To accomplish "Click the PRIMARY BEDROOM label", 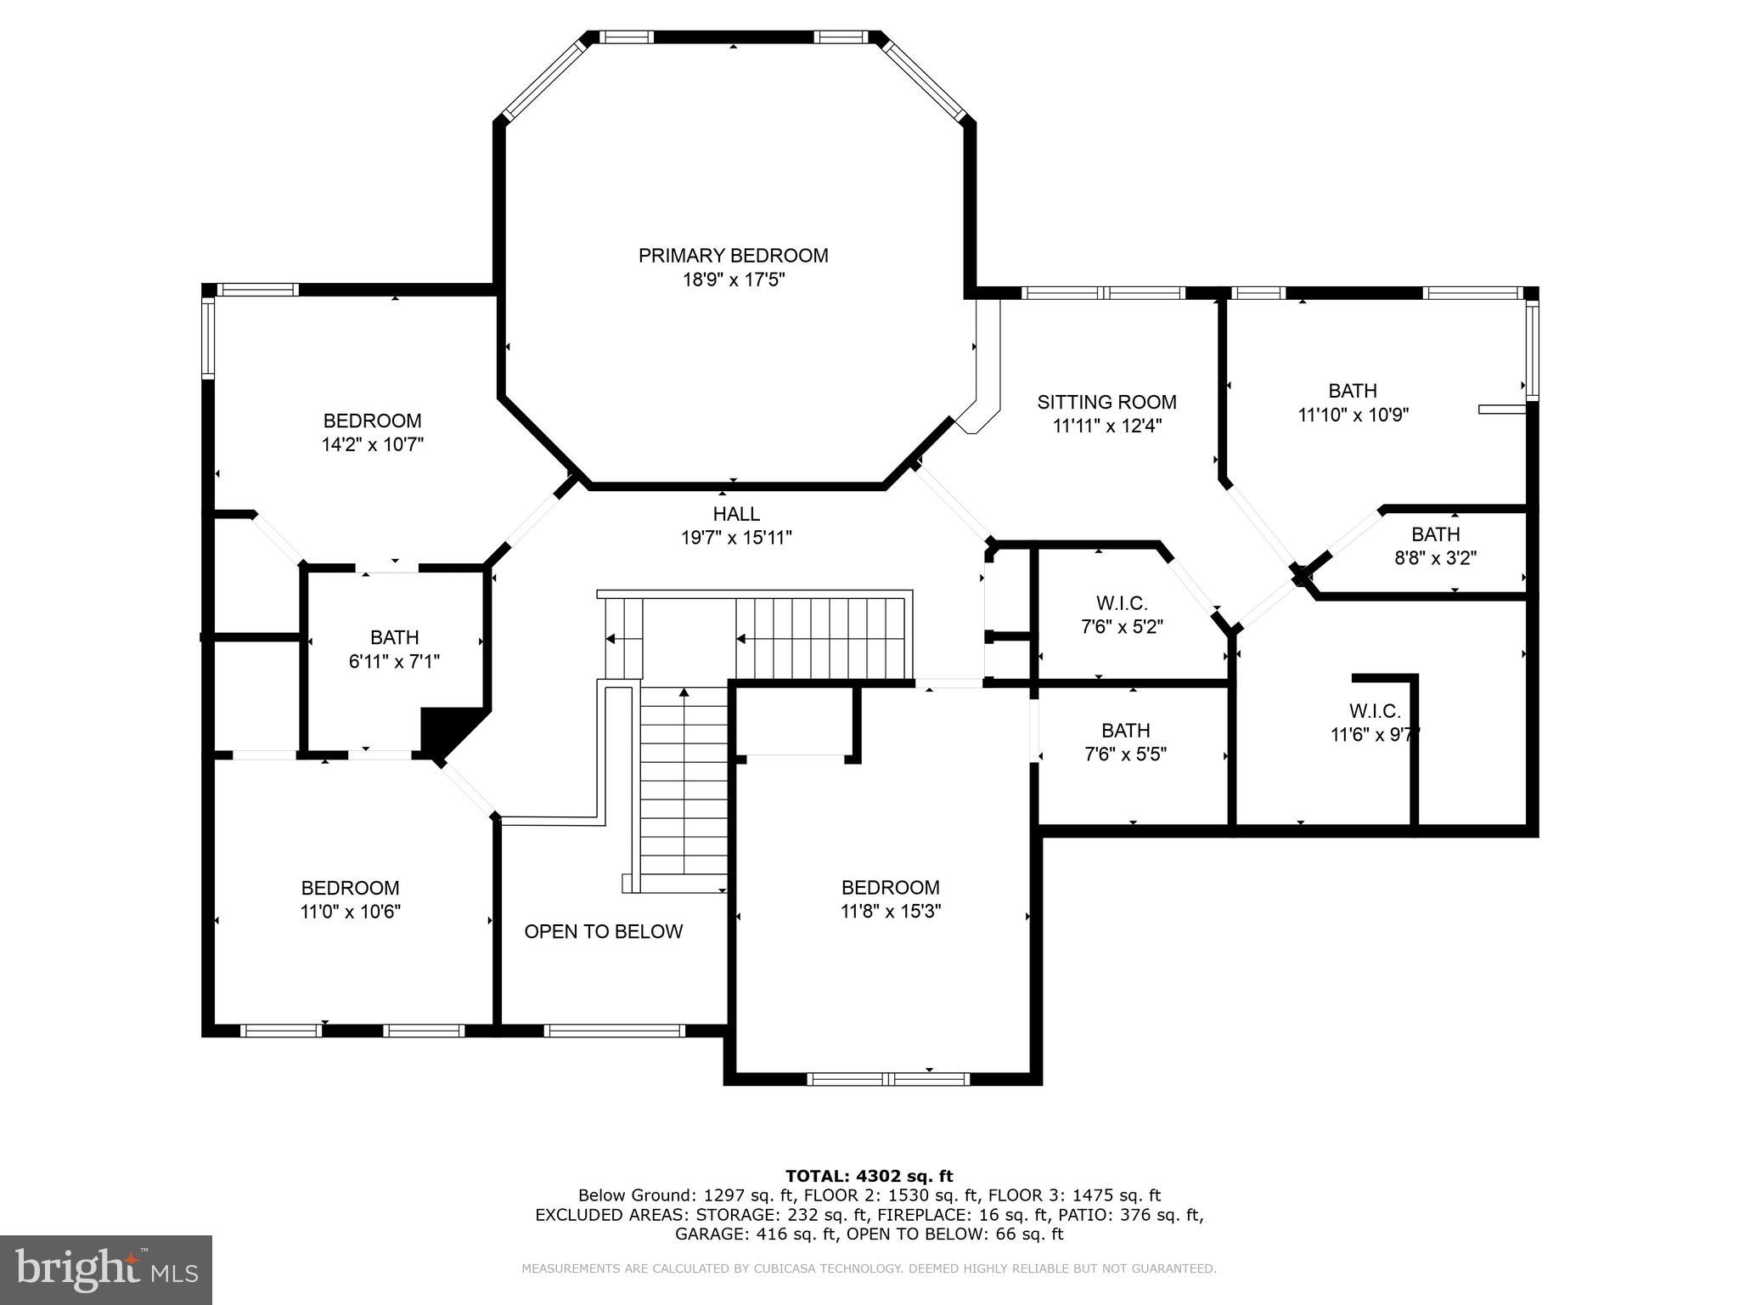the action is [733, 256].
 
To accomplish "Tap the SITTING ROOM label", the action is [1106, 402].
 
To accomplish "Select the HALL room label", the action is [736, 514].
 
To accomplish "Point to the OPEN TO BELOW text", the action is [604, 931].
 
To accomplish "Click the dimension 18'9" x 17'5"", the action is [734, 280].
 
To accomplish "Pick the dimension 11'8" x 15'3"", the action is [891, 912].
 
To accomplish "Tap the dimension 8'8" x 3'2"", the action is [1436, 558].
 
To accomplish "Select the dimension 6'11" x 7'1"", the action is [394, 661].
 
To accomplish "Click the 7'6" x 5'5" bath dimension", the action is [1126, 754].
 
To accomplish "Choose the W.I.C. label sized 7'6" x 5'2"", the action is [1122, 603].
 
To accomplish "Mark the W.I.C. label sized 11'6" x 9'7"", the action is [1375, 711].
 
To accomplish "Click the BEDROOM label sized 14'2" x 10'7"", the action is [372, 421].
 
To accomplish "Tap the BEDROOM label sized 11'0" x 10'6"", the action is [350, 888].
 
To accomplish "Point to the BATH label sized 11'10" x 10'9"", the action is [1353, 391].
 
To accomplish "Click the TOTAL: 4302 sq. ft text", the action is [869, 1177].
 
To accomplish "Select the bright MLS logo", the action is [106, 1270].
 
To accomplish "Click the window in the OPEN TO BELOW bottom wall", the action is [614, 1031].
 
